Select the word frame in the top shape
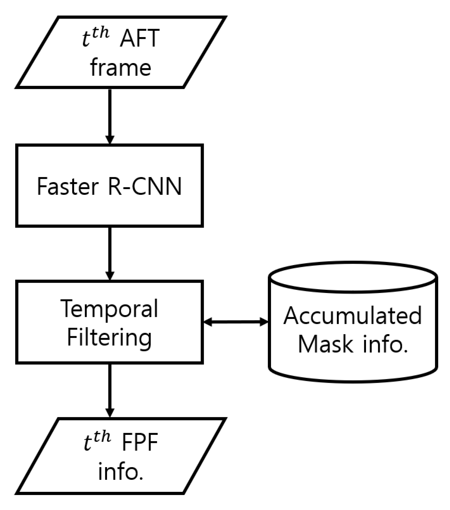[x=121, y=68]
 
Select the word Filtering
[x=109, y=338]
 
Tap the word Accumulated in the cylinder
[x=352, y=316]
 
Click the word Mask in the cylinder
[x=325, y=344]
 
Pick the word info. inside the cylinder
[x=386, y=344]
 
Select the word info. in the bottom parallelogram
[x=121, y=472]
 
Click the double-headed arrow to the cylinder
[x=236, y=322]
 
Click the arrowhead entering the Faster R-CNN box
[x=110, y=139]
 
